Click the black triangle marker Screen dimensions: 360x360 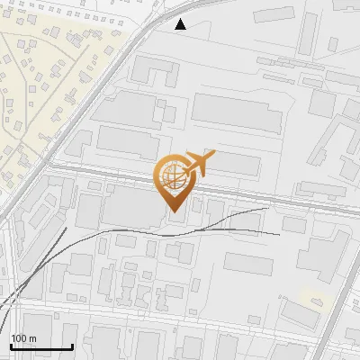pos(181,24)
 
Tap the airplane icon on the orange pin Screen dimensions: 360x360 pos(197,164)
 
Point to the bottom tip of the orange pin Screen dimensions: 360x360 pos(173,211)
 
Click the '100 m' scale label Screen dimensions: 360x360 pos(23,338)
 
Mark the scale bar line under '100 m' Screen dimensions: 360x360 pos(40,346)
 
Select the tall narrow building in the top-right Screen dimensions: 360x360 pos(309,31)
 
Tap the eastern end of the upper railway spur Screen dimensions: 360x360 pos(267,209)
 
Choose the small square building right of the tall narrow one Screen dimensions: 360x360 pos(333,42)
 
